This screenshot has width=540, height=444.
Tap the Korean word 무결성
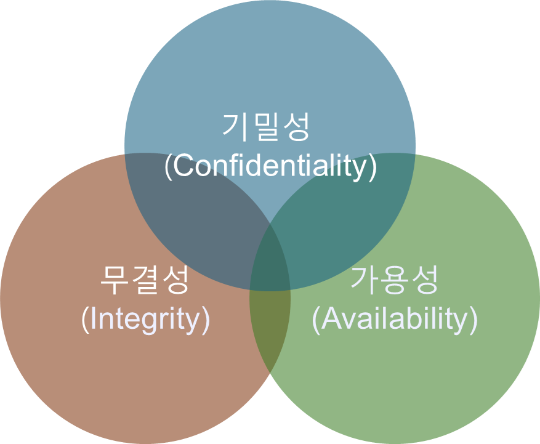pos(144,281)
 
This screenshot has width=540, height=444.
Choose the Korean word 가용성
pos(395,281)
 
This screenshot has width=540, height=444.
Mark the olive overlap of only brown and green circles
pos(270,326)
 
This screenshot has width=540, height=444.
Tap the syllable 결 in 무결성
pos(144,281)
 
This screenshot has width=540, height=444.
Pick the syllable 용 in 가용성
pos(395,281)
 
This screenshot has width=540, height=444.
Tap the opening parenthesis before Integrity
pos(85,318)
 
